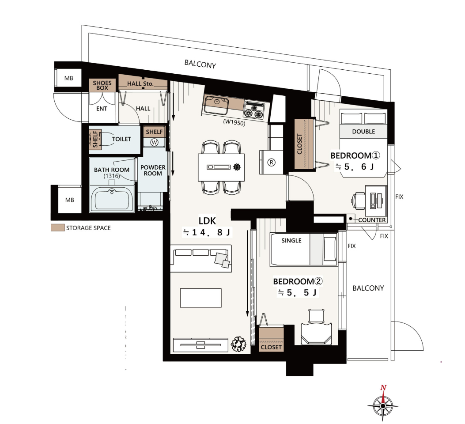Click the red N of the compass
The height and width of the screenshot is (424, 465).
point(383,387)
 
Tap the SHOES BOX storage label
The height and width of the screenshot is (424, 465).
point(102,85)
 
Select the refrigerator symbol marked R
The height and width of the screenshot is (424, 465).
point(271,162)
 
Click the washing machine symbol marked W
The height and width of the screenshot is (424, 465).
point(154,142)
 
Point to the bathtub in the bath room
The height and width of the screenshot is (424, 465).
point(112,199)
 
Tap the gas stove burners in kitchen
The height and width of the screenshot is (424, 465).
point(253,110)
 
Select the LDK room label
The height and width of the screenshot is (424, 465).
point(207,220)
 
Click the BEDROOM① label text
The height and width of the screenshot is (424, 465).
point(355,155)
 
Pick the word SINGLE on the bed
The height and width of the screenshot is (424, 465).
point(291,240)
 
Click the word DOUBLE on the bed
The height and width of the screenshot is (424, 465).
point(363,131)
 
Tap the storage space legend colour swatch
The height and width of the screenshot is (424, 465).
point(57,228)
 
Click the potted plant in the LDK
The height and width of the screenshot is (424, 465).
point(239,344)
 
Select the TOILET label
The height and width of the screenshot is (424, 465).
point(121,139)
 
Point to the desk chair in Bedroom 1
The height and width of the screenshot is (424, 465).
point(358,201)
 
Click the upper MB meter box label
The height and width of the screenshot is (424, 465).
point(69,78)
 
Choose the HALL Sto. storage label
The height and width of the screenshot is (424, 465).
point(140,83)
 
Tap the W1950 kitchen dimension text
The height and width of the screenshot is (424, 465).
point(234,122)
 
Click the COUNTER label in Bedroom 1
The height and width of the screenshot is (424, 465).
point(372,220)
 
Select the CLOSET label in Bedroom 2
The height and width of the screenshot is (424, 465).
point(271,347)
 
